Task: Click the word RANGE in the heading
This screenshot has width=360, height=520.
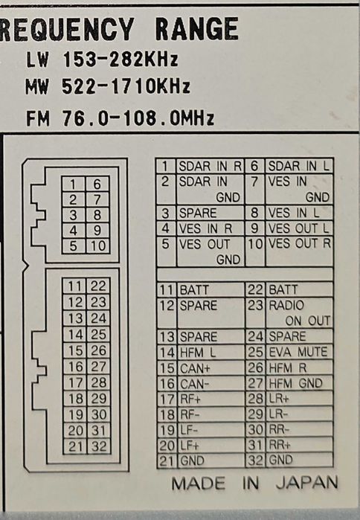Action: [197, 29]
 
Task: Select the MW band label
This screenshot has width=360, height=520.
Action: [37, 87]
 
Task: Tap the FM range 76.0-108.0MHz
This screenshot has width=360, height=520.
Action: [138, 118]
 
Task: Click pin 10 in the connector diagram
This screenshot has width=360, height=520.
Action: [97, 246]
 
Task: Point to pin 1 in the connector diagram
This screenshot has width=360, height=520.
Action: [74, 184]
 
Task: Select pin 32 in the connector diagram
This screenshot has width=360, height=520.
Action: [99, 446]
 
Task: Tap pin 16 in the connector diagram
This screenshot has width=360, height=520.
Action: [75, 367]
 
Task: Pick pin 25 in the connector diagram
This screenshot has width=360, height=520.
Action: [98, 334]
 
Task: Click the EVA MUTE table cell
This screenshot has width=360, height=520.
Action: [299, 352]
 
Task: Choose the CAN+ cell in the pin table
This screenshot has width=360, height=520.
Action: [210, 368]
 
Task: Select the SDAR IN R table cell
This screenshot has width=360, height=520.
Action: [210, 166]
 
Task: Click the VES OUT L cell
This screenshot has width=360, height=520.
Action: [299, 228]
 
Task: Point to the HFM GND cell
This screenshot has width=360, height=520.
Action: [299, 383]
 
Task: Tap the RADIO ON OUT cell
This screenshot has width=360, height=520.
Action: [299, 312]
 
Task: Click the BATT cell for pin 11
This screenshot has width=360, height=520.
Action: [210, 290]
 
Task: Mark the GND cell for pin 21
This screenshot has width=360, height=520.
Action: [210, 460]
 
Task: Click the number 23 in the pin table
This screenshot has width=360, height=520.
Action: [255, 305]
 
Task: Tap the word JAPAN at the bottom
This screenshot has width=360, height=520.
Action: [307, 483]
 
